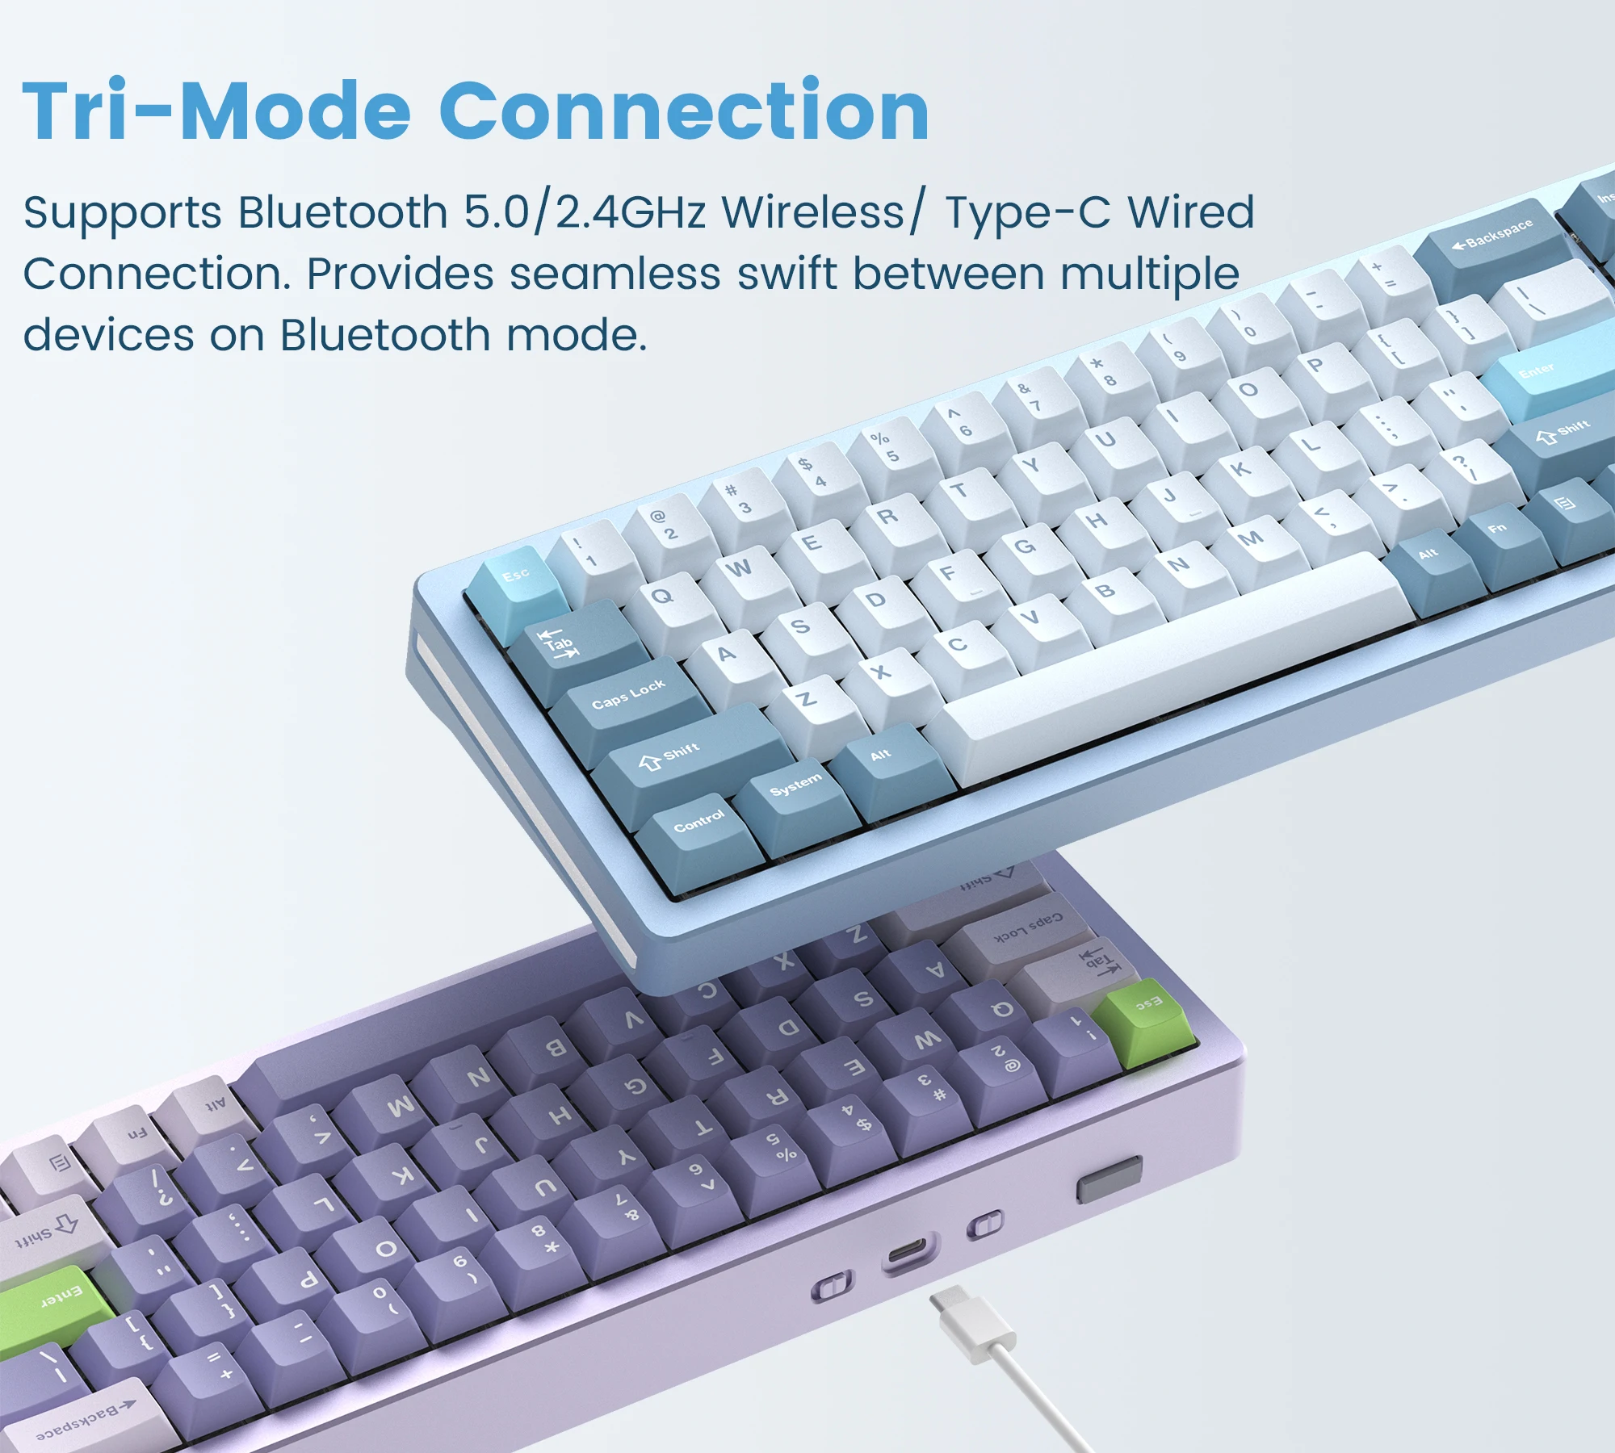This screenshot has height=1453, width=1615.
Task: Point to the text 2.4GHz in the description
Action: point(631,212)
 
